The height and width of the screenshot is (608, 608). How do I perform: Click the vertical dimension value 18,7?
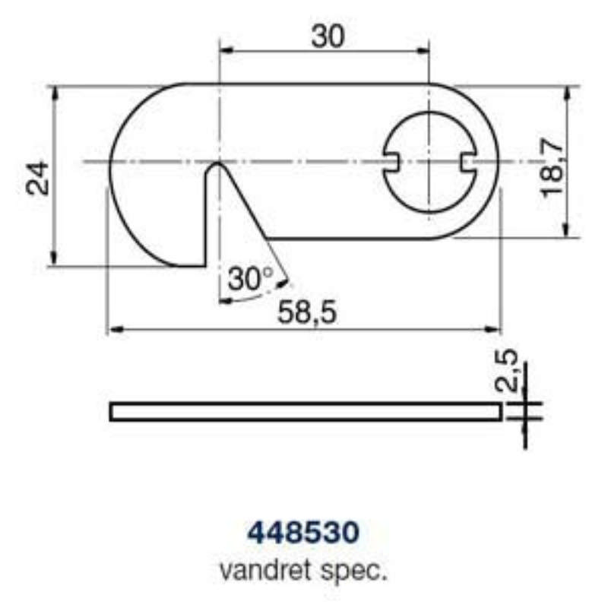tap(553, 165)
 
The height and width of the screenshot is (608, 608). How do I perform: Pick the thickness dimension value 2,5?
tap(508, 370)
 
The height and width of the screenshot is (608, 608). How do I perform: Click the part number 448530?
tap(303, 532)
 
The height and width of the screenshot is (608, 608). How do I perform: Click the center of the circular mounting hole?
tap(429, 162)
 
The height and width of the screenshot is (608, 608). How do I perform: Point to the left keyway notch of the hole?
tap(392, 162)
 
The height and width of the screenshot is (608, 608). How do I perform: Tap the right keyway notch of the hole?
tap(468, 162)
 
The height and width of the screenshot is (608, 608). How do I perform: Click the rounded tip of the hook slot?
tap(217, 166)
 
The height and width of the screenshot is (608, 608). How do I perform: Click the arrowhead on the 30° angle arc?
tap(284, 284)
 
